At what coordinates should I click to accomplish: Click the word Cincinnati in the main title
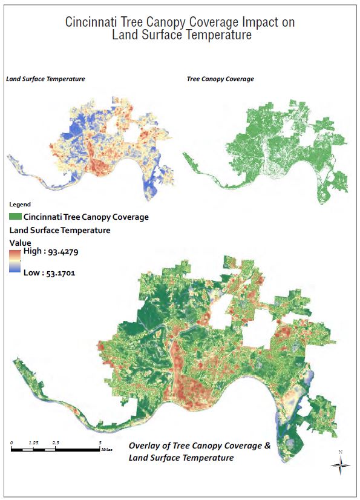(91, 22)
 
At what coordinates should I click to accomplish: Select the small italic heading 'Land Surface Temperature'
(45, 79)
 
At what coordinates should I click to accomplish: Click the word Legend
(20, 205)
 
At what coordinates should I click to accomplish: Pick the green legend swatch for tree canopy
(15, 216)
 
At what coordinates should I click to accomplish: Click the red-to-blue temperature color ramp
(15, 262)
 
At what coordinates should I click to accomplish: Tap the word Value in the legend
(20, 242)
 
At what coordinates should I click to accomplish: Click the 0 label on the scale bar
(12, 443)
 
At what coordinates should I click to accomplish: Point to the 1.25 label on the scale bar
(34, 443)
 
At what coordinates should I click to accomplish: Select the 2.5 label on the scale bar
(56, 443)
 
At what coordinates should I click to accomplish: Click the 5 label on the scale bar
(100, 443)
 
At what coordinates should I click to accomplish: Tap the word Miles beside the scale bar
(107, 450)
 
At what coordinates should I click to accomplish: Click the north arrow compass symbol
(341, 464)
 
